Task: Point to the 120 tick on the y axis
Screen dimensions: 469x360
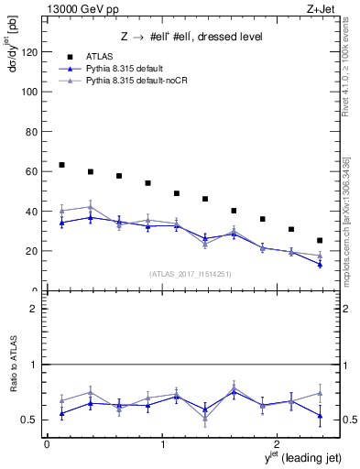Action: (x=31, y=52)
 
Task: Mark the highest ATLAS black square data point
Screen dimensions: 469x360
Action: (x=61, y=165)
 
